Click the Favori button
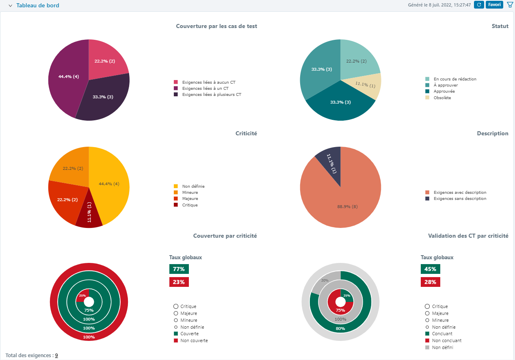click(x=494, y=5)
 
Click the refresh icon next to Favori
click(x=479, y=5)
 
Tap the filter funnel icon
click(x=510, y=5)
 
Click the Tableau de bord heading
click(x=37, y=5)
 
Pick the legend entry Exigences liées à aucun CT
click(x=208, y=82)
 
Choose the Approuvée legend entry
click(x=444, y=91)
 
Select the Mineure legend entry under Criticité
click(x=190, y=193)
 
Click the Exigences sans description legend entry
click(x=460, y=199)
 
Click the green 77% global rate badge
click(x=179, y=269)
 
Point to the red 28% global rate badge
click(x=430, y=282)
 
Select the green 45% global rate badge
click(x=430, y=269)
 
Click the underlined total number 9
click(x=56, y=356)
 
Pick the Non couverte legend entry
click(x=194, y=340)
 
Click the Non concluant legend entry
click(x=446, y=340)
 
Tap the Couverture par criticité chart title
click(x=225, y=236)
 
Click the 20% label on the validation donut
click(x=325, y=280)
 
